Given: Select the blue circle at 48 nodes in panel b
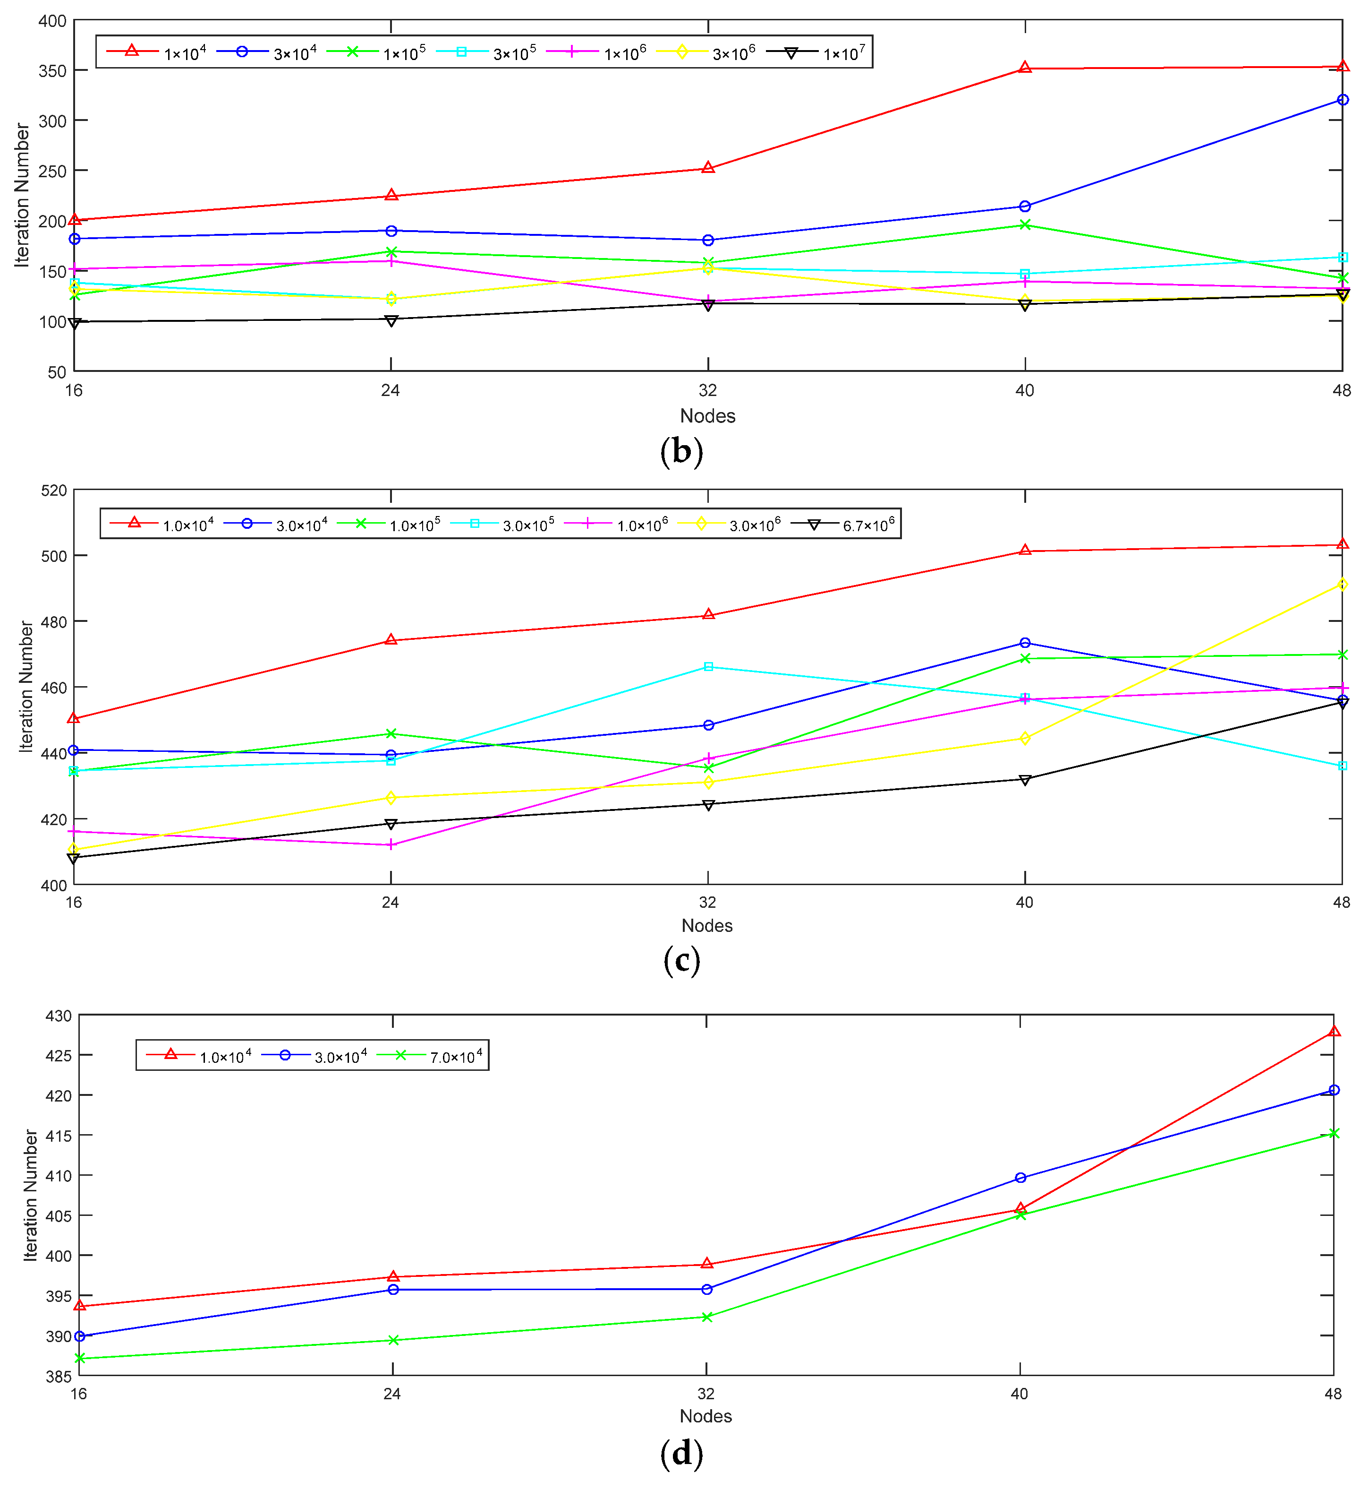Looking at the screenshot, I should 1342,100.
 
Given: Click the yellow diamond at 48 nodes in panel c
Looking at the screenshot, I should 1342,584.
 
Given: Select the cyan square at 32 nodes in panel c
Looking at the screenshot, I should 708,667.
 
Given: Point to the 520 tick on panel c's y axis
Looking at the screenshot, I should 53,491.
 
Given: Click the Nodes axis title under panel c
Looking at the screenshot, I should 706,925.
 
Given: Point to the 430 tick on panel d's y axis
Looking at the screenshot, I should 59,1016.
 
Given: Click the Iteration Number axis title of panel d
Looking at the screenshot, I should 30,1195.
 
